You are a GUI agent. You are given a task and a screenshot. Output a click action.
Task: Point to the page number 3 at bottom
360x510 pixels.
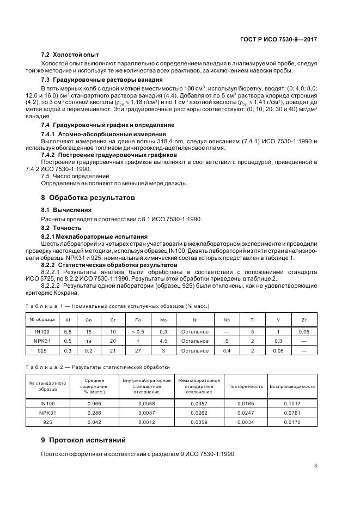pos(316,465)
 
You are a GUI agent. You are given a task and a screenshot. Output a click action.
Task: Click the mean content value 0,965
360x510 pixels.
pos(95,404)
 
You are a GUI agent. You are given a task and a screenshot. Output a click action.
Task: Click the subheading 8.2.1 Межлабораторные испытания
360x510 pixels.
pos(94,236)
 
